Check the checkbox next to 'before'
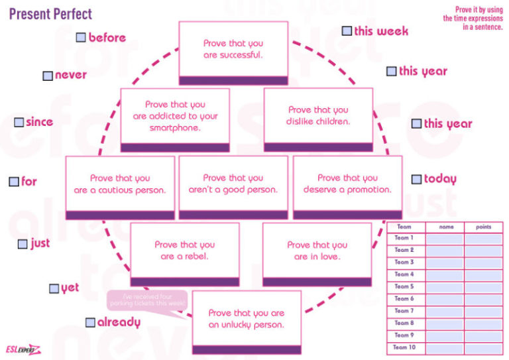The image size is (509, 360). tap(81, 38)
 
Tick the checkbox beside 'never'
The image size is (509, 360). tap(48, 76)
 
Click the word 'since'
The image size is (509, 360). tap(40, 122)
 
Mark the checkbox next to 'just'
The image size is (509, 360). tap(23, 244)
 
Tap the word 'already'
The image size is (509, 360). tap(119, 323)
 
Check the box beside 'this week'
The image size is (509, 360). tap(347, 31)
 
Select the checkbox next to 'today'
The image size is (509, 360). tap(416, 179)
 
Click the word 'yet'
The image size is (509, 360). tap(70, 288)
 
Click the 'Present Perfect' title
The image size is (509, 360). tap(50, 13)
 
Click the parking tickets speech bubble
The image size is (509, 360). tap(148, 300)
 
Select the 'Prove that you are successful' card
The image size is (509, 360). tap(233, 49)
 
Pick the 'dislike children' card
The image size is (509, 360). tap(318, 116)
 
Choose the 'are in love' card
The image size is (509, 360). tap(317, 251)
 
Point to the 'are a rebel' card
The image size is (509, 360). tap(184, 251)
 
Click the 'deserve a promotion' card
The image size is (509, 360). tap(347, 184)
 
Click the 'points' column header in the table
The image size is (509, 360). tap(483, 227)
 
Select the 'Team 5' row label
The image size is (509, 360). tap(404, 286)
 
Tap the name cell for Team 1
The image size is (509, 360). tap(444, 239)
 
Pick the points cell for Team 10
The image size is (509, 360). tap(483, 347)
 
